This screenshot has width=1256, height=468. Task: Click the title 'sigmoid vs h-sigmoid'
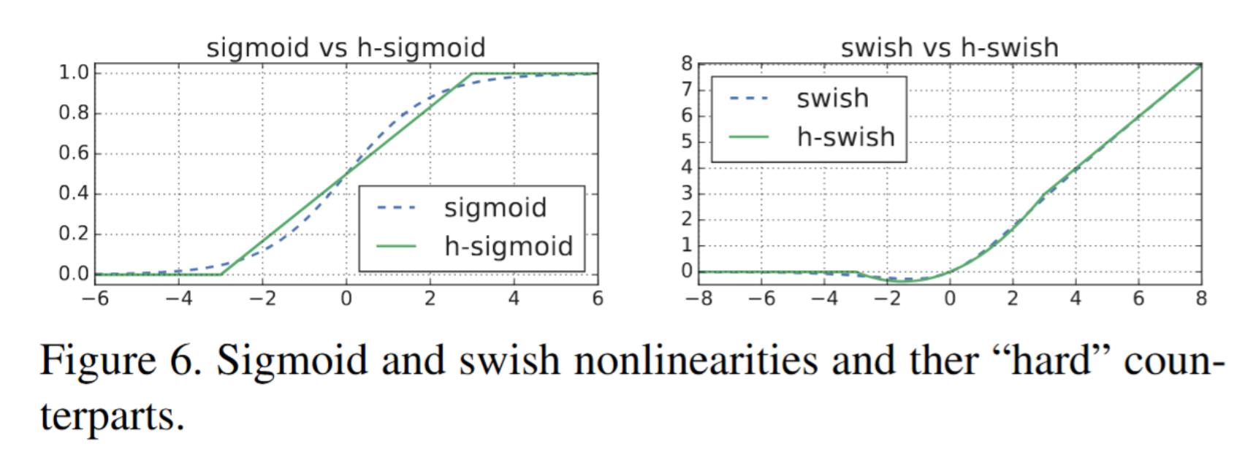tap(346, 48)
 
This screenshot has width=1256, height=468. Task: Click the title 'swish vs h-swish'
tap(949, 48)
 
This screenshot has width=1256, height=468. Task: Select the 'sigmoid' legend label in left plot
tap(495, 208)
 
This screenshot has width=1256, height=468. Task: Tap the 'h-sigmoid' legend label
tap(509, 247)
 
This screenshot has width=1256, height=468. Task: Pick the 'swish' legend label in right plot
tap(832, 99)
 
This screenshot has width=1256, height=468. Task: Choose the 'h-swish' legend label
tap(845, 137)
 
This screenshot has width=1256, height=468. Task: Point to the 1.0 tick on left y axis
tap(73, 72)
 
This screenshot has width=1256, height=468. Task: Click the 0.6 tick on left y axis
tap(73, 153)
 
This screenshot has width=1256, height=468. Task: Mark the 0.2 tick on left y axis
tap(73, 234)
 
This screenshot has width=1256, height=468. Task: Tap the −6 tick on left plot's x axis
tap(95, 299)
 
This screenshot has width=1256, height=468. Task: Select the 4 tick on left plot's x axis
tap(514, 299)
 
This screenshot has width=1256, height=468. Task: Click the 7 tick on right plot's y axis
tap(686, 90)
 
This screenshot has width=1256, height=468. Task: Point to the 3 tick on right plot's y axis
tap(686, 193)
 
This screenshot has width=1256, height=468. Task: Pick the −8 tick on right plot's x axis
tap(699, 299)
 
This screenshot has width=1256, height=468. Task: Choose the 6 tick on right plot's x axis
tap(1138, 299)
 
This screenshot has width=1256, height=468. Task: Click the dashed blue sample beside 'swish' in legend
tap(749, 99)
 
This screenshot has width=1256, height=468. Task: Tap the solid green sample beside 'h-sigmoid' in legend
tap(396, 247)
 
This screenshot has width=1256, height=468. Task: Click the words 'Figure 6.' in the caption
tap(121, 361)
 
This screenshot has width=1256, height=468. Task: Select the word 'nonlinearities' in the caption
tap(695, 361)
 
